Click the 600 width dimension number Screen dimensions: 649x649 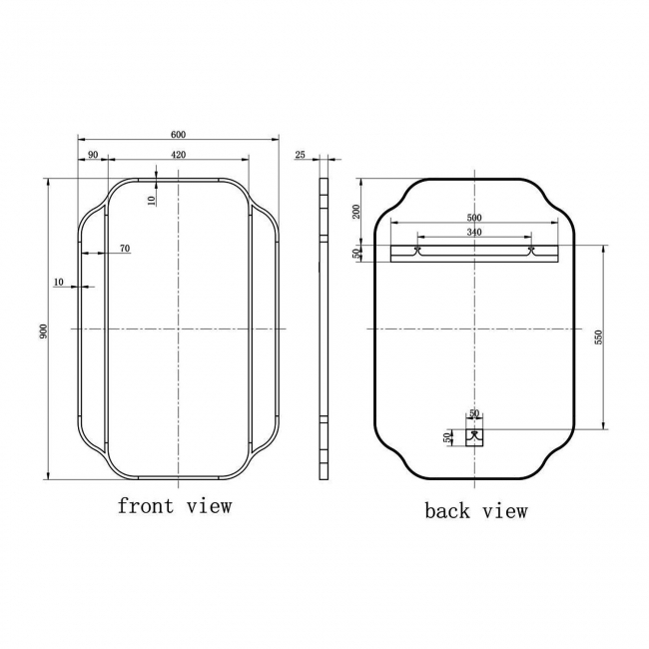[178, 135]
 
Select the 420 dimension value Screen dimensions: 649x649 [178, 154]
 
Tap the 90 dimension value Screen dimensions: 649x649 [92, 154]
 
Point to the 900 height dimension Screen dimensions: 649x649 [44, 329]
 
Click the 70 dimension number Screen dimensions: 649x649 [124, 248]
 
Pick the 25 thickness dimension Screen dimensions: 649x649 [301, 154]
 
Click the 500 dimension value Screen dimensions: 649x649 [474, 218]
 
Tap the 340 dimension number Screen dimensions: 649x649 [474, 233]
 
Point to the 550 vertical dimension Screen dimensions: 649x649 [599, 337]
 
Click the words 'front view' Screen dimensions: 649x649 [175, 505]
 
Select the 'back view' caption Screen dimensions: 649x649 [475, 511]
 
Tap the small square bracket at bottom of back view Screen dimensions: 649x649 [475, 433]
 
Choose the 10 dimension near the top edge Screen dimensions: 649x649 [152, 199]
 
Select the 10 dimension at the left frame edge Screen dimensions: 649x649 [60, 283]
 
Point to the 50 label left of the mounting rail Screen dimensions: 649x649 [356, 254]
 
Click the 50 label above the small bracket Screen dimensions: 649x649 [475, 412]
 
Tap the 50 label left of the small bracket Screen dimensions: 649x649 [447, 436]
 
